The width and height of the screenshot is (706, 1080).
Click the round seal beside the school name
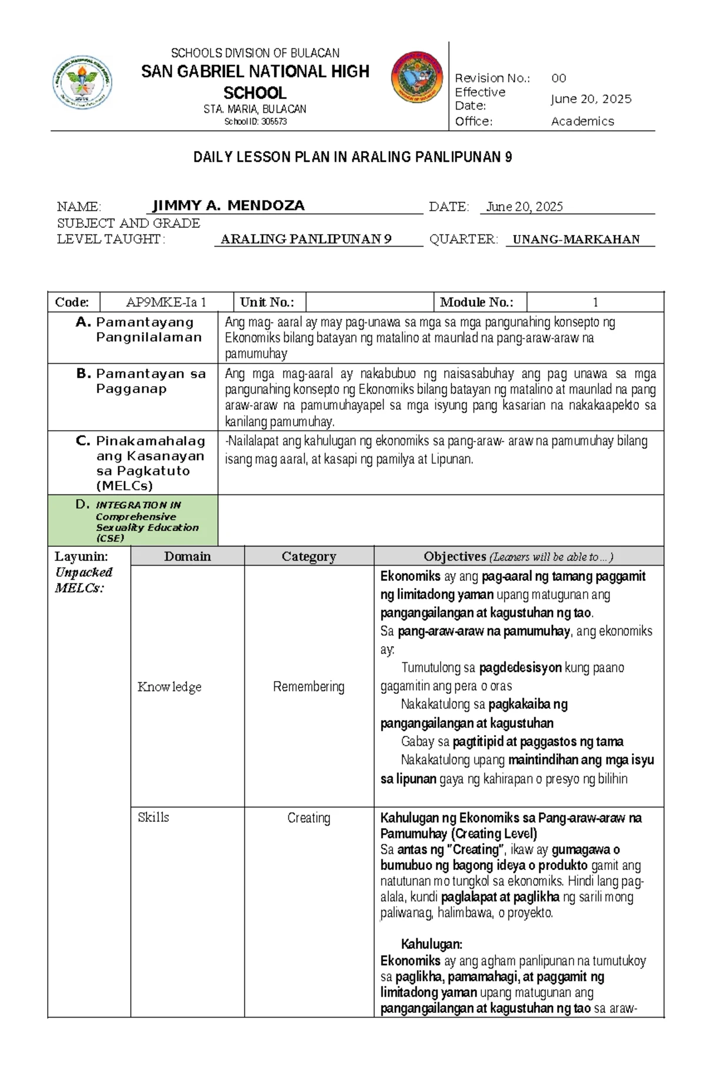(417, 77)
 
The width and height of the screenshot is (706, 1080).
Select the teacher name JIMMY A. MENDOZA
(228, 205)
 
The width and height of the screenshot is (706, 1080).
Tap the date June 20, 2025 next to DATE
(524, 207)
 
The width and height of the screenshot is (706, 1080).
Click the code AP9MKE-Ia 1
(166, 303)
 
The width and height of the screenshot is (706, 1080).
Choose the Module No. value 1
(595, 303)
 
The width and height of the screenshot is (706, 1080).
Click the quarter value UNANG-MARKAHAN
(576, 240)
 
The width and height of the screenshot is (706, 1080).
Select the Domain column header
(187, 556)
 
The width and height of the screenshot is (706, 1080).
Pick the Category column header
(308, 556)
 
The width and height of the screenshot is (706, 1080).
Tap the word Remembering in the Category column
(308, 686)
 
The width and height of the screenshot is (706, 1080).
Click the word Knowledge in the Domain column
(169, 686)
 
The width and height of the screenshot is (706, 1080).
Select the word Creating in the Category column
(308, 818)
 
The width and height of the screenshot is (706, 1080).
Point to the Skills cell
(154, 817)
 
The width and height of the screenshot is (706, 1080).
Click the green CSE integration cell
(133, 520)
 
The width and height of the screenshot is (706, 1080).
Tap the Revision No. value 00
(558, 78)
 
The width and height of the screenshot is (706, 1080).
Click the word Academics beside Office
(582, 121)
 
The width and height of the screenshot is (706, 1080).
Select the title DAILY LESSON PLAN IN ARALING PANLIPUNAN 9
(352, 157)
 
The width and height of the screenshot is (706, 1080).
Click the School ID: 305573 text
(255, 122)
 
